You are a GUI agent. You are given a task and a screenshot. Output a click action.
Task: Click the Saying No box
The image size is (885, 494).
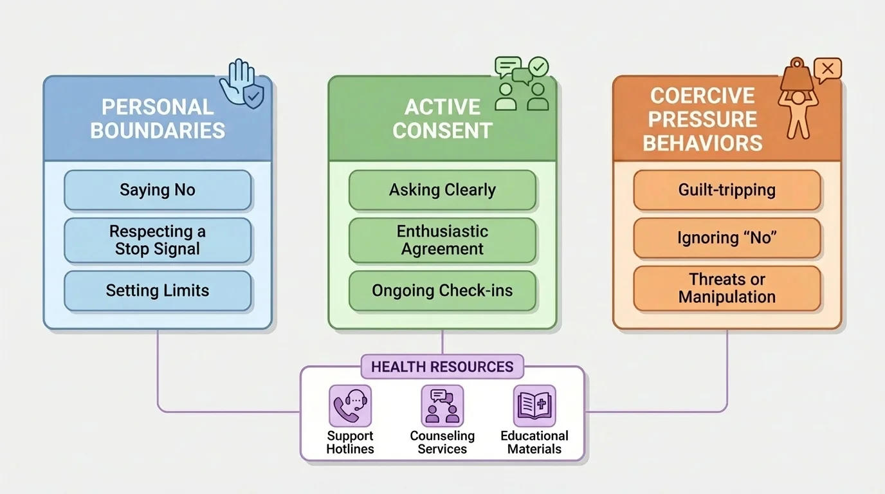[158, 190]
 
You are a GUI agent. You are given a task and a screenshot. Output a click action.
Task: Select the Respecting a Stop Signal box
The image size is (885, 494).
[158, 241]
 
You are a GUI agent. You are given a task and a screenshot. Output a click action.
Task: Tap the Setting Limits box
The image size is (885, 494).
[158, 291]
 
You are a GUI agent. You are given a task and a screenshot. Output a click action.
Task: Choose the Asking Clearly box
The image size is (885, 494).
[442, 190]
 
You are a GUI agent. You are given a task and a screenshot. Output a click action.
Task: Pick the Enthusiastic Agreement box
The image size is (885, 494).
[442, 241]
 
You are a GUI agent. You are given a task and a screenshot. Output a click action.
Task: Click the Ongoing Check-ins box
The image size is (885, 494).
[442, 291]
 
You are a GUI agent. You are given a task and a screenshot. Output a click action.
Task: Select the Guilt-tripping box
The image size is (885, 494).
[727, 190]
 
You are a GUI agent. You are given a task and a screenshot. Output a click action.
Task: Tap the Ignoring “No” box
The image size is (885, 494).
[727, 238]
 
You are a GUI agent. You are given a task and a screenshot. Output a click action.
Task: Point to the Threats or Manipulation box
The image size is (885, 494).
[727, 288]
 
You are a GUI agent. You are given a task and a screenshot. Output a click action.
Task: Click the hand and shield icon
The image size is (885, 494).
[242, 84]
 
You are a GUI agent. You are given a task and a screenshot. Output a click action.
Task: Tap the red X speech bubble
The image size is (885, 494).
[827, 69]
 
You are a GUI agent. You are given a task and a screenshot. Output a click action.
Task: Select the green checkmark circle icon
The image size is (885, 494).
[538, 66]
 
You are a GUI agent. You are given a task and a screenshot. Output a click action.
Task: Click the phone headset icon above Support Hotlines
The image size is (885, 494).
[350, 406]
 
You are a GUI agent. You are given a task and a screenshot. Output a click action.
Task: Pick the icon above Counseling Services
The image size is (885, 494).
[442, 406]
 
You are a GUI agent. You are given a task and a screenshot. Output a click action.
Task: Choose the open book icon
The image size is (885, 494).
[534, 406]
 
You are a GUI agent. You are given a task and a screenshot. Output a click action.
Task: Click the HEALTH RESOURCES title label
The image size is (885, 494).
[442, 367]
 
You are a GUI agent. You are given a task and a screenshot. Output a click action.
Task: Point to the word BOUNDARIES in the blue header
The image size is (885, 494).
[158, 131]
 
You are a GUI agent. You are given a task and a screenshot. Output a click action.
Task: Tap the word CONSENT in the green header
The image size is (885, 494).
[442, 131]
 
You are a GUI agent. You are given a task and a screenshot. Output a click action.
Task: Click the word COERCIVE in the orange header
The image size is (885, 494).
[702, 96]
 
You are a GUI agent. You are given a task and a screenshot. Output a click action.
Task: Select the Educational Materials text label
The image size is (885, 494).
[534, 443]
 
